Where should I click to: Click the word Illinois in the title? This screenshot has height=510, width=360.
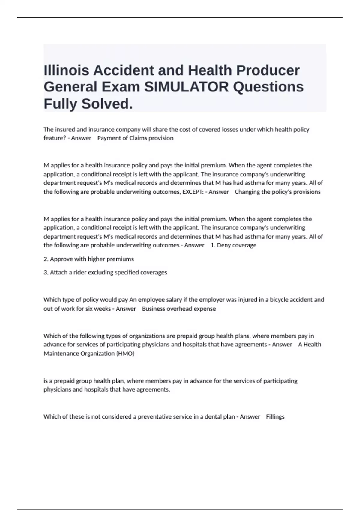(x=66, y=70)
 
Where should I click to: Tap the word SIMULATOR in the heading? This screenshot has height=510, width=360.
(x=186, y=87)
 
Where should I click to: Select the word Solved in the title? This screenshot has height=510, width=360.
(x=107, y=104)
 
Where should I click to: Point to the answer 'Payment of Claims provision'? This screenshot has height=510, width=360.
(x=135, y=138)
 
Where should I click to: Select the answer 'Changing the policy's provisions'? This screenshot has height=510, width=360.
(x=277, y=192)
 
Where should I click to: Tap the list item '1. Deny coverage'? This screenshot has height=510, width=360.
(x=233, y=245)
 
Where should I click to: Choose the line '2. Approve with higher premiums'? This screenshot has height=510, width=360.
(x=89, y=259)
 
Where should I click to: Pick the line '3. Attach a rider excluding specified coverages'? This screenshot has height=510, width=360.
(x=105, y=272)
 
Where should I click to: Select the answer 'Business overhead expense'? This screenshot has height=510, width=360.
(x=179, y=309)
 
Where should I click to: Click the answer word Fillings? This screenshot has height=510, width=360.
(x=275, y=416)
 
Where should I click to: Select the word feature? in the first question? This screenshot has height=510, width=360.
(x=54, y=138)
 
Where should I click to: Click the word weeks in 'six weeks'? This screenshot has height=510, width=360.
(x=102, y=309)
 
